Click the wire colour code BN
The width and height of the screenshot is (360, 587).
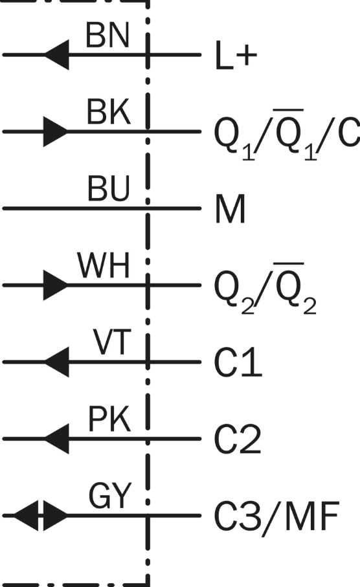click(107, 35)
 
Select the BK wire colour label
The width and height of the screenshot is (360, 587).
click(109, 111)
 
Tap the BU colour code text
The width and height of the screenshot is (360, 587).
click(109, 188)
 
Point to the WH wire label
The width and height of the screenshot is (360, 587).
click(104, 265)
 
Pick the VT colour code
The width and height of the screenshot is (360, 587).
click(112, 342)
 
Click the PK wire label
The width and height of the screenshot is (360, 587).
click(109, 419)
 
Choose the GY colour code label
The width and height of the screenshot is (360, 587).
click(110, 495)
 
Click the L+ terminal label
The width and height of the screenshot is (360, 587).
click(236, 56)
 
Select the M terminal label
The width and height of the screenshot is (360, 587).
click(230, 208)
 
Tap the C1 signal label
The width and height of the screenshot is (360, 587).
click(238, 362)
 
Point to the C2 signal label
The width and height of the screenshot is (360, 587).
click(238, 439)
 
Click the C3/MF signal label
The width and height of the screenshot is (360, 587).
click(276, 516)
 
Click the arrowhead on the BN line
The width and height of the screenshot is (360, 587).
click(57, 54)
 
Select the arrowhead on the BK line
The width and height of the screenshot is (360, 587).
click(56, 131)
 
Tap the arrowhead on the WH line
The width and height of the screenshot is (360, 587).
click(56, 285)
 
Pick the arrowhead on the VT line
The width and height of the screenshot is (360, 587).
click(57, 362)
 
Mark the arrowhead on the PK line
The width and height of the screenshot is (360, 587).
click(57, 438)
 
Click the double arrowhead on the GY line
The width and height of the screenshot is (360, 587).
click(40, 516)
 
